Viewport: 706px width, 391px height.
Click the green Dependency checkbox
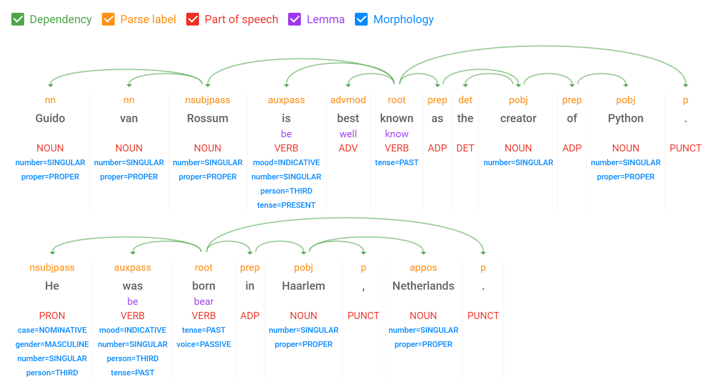coord(18,19)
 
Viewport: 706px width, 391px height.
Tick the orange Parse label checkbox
coord(109,19)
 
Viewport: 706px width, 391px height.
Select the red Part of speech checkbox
coord(193,19)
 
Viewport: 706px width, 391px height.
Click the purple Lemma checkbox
coord(295,19)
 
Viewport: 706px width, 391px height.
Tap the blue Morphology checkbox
coord(362,19)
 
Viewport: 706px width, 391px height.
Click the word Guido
coord(50,118)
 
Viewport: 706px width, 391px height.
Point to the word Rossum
coord(208,118)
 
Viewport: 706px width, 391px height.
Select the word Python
coord(625,118)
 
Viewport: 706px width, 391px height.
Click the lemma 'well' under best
coord(348,134)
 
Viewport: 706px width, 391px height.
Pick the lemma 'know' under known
coord(397,134)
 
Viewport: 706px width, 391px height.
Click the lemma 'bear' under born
coord(204,302)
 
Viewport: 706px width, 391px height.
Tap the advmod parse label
coord(348,100)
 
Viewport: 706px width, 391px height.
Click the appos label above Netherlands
coord(423,267)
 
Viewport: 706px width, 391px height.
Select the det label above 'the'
coord(465,100)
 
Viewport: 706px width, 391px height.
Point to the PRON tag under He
coord(52,316)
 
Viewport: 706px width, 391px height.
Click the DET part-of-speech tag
coord(465,148)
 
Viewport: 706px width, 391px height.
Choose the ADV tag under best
coord(348,148)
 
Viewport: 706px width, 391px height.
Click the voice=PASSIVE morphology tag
coord(204,344)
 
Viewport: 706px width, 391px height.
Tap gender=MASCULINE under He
coord(52,344)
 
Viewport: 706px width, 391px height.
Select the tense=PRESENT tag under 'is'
coord(286,205)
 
